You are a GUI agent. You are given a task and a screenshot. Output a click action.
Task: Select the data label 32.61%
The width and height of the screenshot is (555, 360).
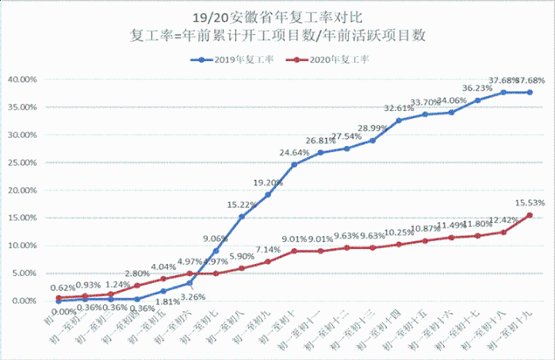tap(399, 109)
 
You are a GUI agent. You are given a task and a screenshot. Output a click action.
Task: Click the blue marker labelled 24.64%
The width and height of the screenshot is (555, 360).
tap(294, 164)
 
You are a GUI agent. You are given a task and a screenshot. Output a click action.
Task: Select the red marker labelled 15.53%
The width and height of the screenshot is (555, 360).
tap(530, 215)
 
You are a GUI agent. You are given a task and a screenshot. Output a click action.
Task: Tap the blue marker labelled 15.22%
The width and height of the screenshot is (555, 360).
tap(242, 216)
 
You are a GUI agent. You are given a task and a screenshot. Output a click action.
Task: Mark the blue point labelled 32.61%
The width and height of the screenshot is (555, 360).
tap(399, 121)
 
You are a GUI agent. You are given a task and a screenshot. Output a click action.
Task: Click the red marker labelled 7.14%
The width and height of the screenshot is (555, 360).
tap(268, 262)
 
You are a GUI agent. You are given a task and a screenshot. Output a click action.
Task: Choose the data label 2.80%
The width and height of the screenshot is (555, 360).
tap(137, 274)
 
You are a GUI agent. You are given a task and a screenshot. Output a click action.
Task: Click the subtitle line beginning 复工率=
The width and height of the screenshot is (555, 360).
tap(278, 35)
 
